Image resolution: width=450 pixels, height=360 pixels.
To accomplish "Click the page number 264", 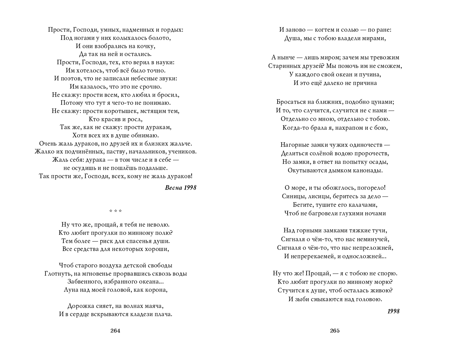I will click(115, 331).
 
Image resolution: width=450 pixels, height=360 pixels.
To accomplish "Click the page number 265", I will click(335, 331).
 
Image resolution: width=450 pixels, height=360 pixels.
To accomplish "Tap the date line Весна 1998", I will click(180, 188).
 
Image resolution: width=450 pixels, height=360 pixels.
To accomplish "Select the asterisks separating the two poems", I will click(115, 211).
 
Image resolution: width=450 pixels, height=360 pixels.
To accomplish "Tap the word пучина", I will click(370, 75).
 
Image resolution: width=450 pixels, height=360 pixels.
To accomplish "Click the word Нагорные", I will click(295, 145).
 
